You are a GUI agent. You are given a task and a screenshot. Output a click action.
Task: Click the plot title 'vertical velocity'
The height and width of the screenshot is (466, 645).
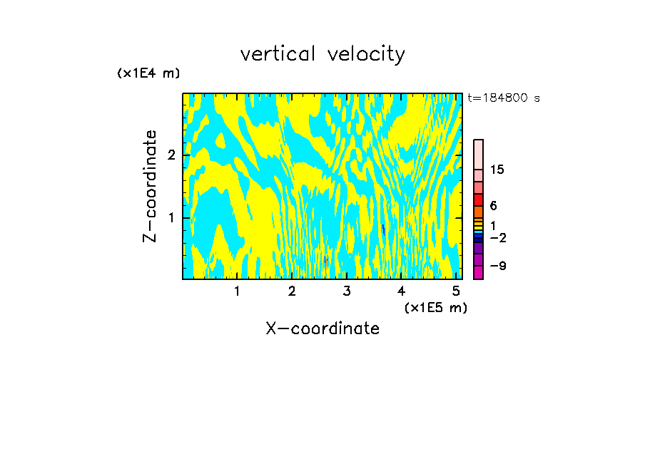[322, 54]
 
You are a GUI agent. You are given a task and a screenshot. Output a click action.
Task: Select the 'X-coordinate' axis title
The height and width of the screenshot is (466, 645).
[322, 328]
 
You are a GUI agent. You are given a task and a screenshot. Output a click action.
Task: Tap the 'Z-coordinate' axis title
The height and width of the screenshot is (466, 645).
[150, 186]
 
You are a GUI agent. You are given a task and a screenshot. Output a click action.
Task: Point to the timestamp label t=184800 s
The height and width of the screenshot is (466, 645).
[504, 98]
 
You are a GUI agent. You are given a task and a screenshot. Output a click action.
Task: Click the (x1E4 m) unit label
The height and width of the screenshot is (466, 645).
[148, 73]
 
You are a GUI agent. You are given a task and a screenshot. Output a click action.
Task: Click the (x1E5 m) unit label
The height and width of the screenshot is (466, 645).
[436, 307]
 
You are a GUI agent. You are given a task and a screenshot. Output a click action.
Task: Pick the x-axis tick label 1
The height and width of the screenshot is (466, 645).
[237, 291]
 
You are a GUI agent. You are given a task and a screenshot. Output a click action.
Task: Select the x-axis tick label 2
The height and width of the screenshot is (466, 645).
[292, 291]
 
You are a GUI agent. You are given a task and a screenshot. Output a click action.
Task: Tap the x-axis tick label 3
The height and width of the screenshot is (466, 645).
[347, 291]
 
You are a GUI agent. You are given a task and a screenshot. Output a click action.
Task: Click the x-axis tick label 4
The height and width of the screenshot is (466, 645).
[402, 291]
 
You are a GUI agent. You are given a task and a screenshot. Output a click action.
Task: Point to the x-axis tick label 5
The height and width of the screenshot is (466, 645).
[456, 291]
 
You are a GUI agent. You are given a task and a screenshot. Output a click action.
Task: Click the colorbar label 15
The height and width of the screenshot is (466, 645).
[497, 170]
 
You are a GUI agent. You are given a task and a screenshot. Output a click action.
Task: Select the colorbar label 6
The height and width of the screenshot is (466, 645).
[494, 206]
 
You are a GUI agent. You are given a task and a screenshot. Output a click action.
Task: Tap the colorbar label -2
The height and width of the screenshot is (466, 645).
[498, 237]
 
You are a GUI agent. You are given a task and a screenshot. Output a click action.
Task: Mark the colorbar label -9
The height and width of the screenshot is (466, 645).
[498, 266]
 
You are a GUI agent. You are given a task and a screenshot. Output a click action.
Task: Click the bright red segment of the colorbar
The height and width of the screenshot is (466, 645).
[478, 200]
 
